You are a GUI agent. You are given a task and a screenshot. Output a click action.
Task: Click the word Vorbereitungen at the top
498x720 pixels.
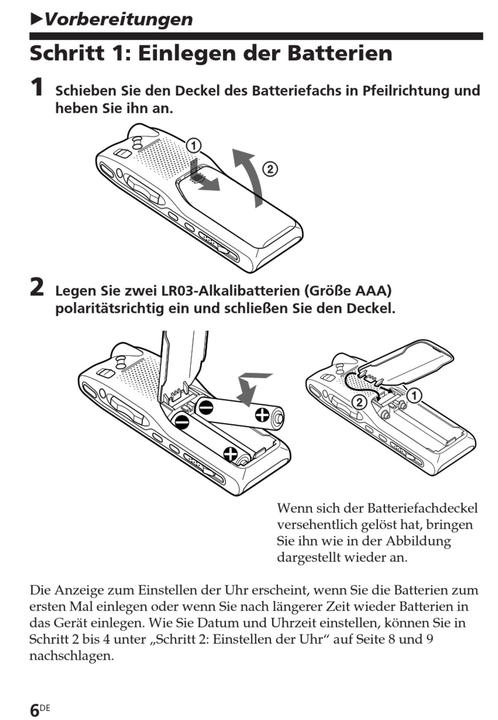[118, 19]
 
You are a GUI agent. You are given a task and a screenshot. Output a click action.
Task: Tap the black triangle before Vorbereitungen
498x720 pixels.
[36, 19]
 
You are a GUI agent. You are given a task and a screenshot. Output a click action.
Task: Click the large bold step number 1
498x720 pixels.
[37, 88]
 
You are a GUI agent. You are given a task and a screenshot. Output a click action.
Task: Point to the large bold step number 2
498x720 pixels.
[37, 287]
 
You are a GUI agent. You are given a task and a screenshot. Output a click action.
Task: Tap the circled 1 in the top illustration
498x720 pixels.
[193, 145]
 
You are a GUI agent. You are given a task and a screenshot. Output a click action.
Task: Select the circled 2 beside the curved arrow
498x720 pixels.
[269, 169]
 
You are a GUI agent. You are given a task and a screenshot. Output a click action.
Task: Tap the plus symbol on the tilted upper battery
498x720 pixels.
[262, 416]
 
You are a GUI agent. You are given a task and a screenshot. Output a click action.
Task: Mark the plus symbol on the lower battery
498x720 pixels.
[230, 453]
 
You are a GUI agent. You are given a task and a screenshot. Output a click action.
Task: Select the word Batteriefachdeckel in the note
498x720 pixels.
[422, 508]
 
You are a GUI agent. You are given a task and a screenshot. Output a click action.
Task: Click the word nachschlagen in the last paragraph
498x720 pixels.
[71, 656]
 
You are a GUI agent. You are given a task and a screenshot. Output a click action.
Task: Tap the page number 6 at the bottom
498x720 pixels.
[35, 711]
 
